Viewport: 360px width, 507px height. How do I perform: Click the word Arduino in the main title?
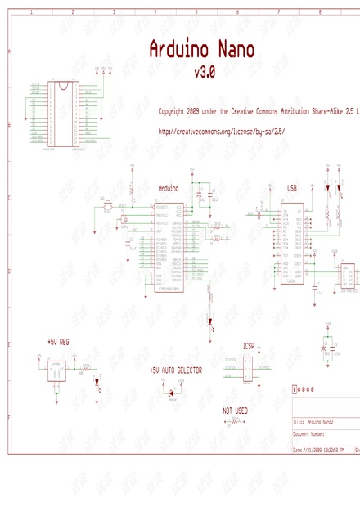tap(176, 51)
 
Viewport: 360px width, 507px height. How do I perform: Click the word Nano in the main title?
tap(231, 51)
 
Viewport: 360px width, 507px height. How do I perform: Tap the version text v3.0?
tap(204, 73)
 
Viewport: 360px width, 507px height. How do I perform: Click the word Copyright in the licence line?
tap(173, 110)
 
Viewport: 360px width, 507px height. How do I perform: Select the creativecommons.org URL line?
tap(221, 130)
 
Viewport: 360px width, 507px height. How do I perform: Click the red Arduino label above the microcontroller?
tap(169, 188)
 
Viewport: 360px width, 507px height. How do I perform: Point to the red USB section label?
tap(292, 188)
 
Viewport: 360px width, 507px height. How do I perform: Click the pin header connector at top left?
tap(61, 114)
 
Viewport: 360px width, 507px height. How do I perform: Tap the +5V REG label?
tap(60, 341)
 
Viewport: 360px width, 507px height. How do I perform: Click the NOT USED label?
tap(235, 410)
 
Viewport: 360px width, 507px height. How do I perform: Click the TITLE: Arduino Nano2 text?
tap(314, 421)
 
